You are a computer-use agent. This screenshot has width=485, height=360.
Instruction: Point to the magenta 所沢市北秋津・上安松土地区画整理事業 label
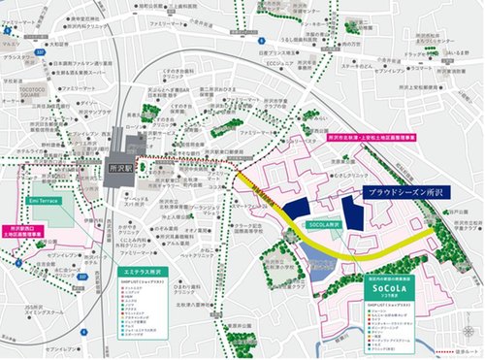[386, 138]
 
